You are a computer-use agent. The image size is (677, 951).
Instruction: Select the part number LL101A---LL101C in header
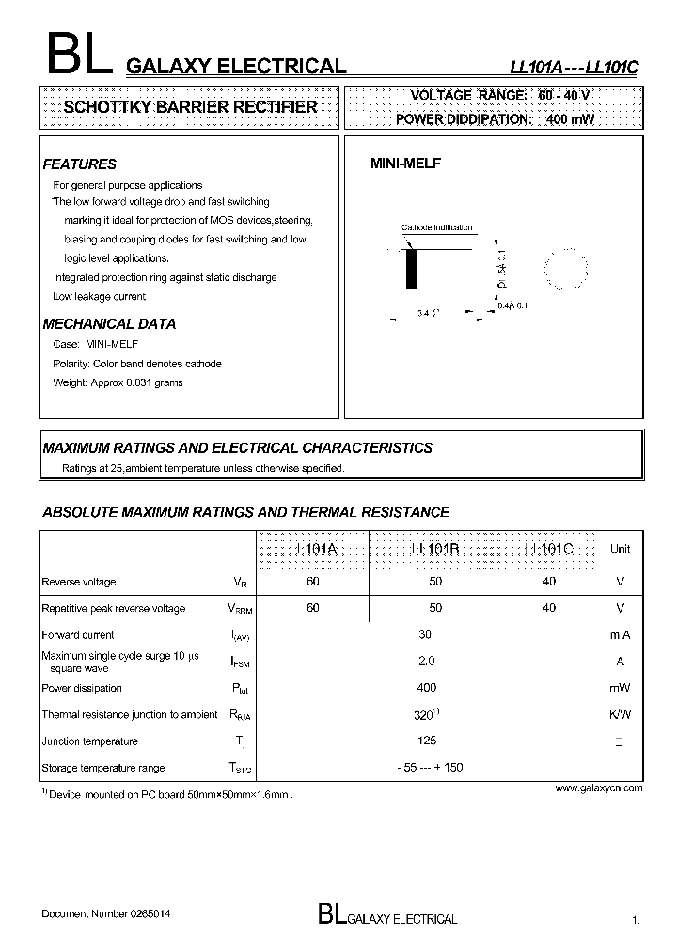(574, 67)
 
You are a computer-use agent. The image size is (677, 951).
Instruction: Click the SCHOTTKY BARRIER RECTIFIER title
(189, 107)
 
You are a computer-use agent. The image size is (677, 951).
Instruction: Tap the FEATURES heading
(80, 164)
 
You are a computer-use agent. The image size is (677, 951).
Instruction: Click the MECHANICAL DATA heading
(109, 323)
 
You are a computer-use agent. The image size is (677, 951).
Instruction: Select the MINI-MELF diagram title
(405, 163)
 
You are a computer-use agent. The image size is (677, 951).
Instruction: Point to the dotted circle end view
(567, 271)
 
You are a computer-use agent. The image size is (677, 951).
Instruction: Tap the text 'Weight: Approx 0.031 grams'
(118, 382)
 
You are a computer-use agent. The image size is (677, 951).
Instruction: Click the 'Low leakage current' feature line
(100, 296)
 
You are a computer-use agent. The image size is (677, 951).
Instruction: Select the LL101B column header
(435, 549)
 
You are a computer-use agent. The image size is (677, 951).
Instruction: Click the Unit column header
(620, 549)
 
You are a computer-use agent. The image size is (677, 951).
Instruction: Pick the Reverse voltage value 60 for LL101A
(313, 582)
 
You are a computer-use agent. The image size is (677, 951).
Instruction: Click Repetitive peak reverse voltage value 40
(549, 608)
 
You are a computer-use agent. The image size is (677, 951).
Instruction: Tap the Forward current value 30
(425, 634)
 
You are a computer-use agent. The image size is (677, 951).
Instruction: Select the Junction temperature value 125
(427, 741)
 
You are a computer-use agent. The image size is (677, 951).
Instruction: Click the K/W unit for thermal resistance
(620, 714)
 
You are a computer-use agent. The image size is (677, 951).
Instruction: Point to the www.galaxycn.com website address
(598, 788)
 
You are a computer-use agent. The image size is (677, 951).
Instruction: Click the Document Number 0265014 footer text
(106, 913)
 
